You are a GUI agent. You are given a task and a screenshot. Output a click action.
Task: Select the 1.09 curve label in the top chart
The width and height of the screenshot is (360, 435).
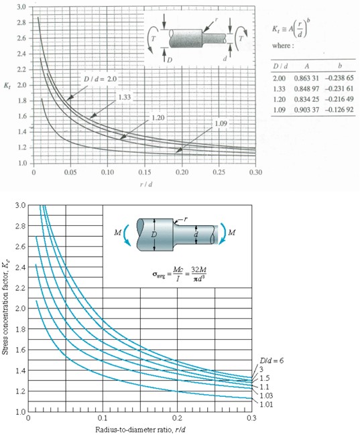click(x=223, y=123)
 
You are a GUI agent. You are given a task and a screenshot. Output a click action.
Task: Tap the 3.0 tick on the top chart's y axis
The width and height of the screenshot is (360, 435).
click(x=21, y=7)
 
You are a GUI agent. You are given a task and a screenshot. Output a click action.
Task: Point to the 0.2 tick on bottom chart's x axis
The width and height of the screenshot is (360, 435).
click(x=177, y=419)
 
